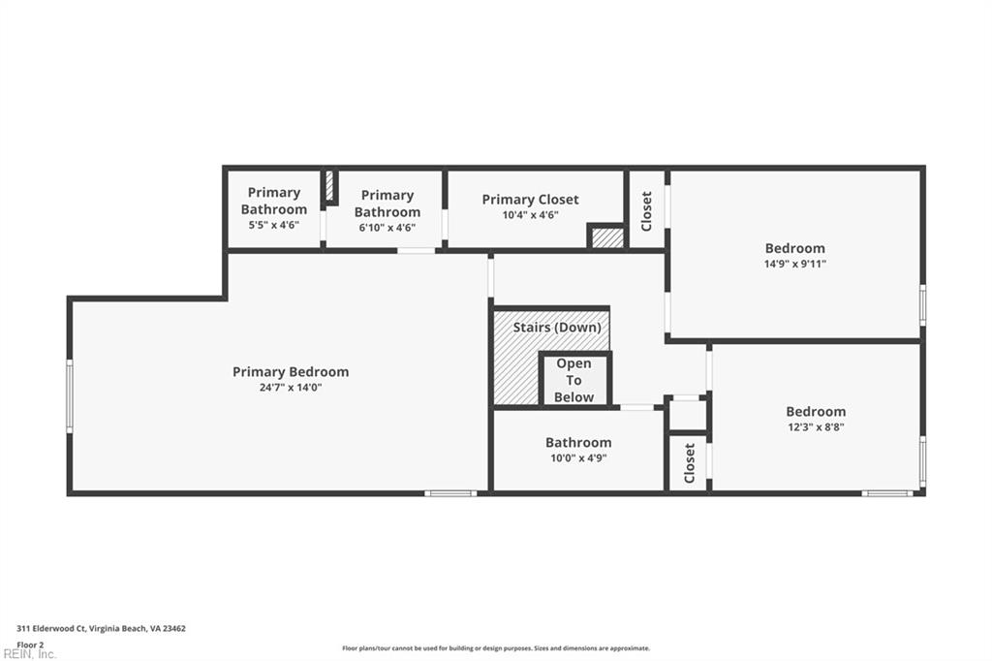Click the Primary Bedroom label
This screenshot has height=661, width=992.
click(x=291, y=372)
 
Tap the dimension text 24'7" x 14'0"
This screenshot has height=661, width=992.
click(x=291, y=388)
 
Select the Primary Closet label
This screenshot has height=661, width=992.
click(x=530, y=200)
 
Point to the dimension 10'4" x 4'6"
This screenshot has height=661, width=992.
click(x=530, y=215)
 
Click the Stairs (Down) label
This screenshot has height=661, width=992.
click(x=556, y=328)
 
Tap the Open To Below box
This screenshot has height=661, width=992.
click(x=574, y=380)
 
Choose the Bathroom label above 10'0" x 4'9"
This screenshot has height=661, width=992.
click(x=578, y=443)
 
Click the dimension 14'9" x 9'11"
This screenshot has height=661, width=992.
click(x=795, y=264)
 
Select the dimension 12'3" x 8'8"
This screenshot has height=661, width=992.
click(x=816, y=426)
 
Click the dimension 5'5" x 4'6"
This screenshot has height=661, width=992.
click(x=274, y=225)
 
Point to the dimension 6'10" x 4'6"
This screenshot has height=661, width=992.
click(x=387, y=228)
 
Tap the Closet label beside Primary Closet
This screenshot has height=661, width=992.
click(x=647, y=209)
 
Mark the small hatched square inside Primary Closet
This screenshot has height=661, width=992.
click(x=606, y=237)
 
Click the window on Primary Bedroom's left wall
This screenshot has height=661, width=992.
click(x=69, y=395)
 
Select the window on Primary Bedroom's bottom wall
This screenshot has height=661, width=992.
click(x=450, y=493)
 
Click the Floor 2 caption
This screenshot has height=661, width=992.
click(x=30, y=644)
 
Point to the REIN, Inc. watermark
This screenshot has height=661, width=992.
click(x=29, y=654)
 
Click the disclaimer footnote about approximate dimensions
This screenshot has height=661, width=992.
click(x=495, y=648)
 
